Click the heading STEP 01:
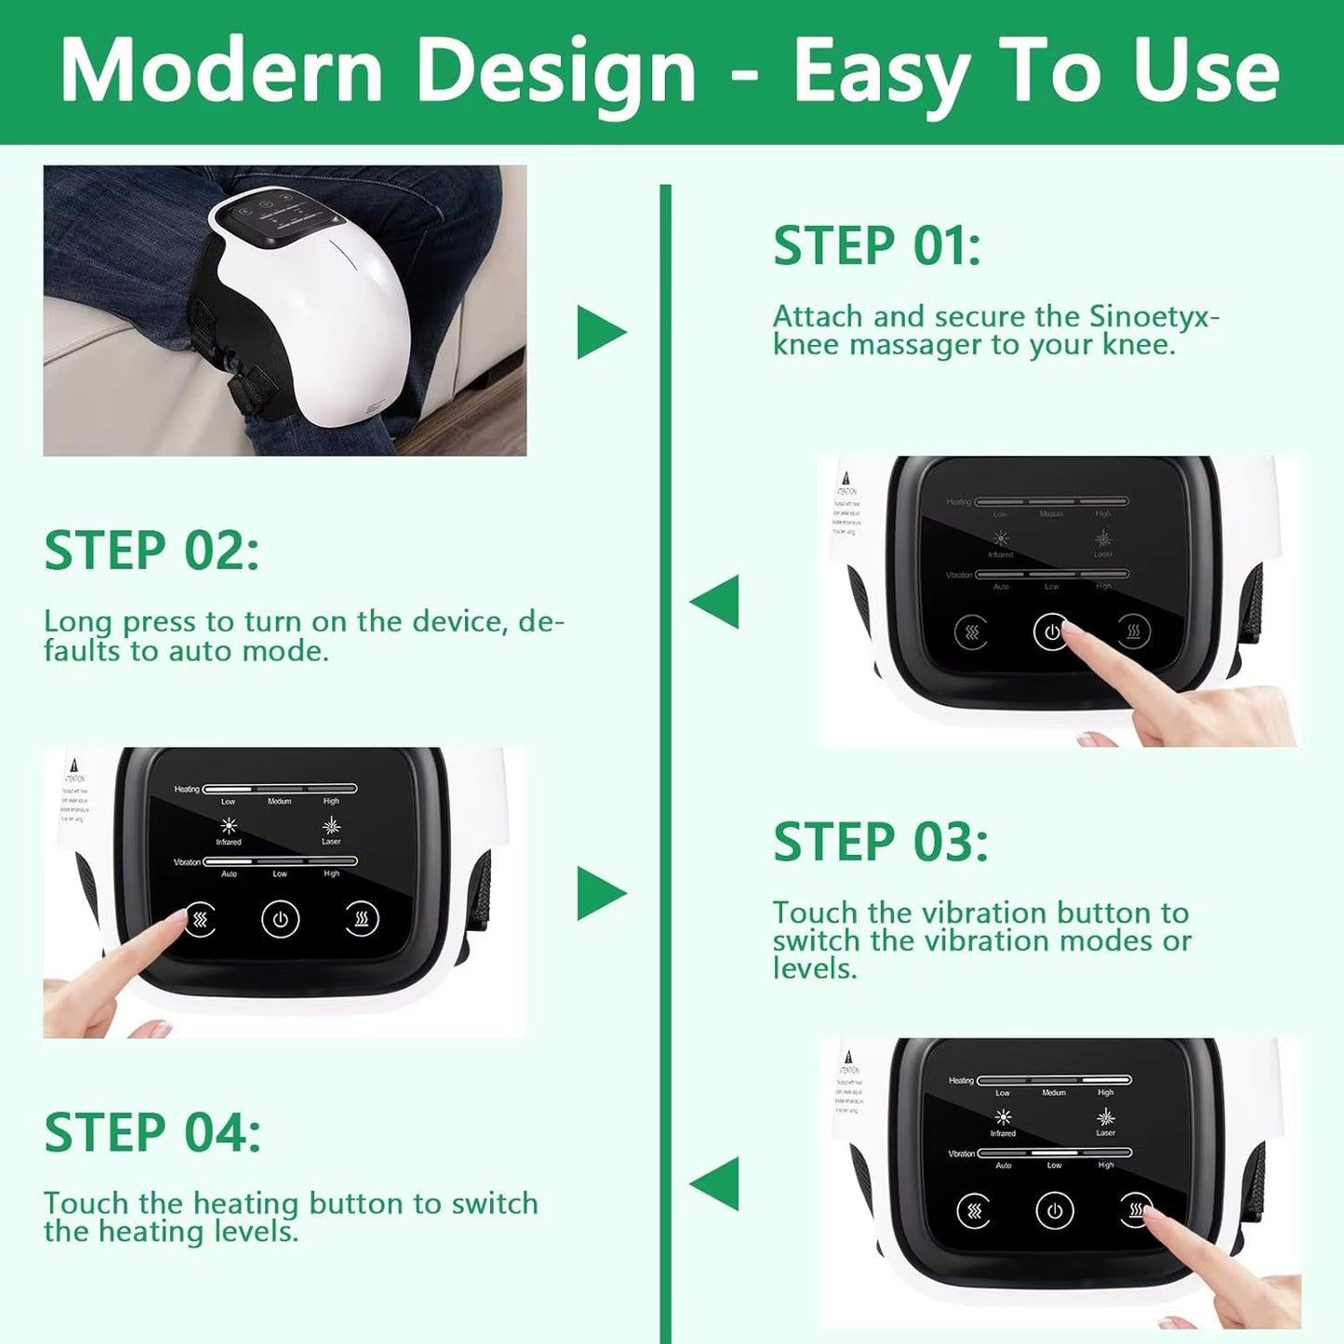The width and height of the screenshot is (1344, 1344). coord(876,246)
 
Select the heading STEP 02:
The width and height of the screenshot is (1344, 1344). coord(152,551)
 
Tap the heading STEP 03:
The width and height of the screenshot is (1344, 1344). coord(880,843)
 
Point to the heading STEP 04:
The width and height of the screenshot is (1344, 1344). coord(153,1133)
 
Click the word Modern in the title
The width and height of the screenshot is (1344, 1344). coord(221,71)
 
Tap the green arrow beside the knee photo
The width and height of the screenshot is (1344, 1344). coord(601,332)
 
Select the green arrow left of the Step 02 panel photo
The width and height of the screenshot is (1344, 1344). coord(714,602)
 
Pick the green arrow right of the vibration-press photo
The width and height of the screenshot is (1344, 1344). coord(601,893)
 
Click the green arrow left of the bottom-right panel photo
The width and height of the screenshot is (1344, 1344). coord(714,1183)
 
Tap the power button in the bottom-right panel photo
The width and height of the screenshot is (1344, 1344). coord(1054,1211)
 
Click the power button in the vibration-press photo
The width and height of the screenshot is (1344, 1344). coord(280,920)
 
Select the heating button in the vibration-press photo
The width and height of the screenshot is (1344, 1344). coord(362,920)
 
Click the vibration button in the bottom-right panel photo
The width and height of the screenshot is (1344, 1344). coord(974,1211)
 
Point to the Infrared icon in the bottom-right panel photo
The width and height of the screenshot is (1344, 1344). coord(1003,1117)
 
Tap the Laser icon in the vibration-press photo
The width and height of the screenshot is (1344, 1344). coord(331,826)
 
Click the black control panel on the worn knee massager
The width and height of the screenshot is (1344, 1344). coord(276,218)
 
